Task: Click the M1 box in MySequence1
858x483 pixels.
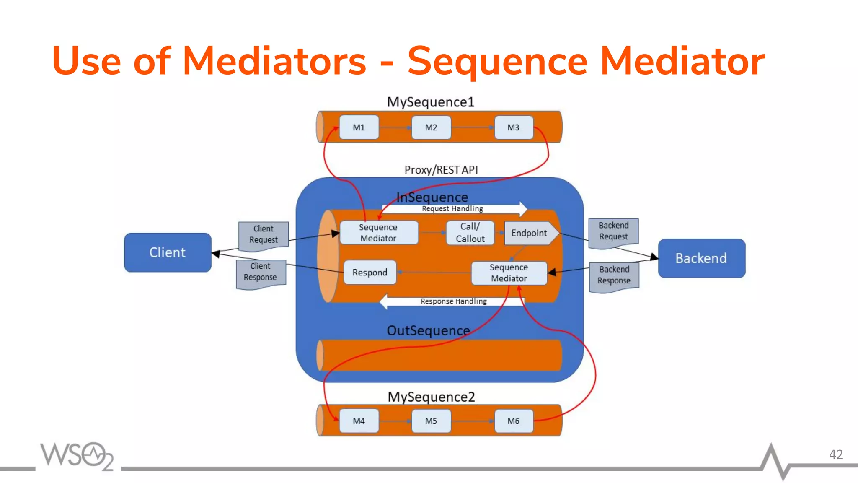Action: tap(359, 127)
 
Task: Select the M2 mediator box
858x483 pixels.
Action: tap(431, 127)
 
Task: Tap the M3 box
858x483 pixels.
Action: tap(514, 127)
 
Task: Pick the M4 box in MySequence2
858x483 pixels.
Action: tap(359, 421)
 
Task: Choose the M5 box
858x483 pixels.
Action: tap(431, 421)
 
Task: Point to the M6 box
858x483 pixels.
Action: tap(514, 421)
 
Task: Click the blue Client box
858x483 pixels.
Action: tap(168, 252)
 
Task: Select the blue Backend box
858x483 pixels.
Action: tap(701, 258)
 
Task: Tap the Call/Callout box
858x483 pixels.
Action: tap(470, 233)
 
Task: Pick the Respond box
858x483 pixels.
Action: tap(370, 273)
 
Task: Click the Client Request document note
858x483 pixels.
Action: tap(264, 235)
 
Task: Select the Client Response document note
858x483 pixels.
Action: tap(261, 273)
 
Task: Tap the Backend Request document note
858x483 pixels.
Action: tap(613, 231)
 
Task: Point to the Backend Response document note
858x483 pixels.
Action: tap(614, 275)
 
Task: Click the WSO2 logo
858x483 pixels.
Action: tap(77, 456)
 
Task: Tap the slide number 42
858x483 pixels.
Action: tap(836, 454)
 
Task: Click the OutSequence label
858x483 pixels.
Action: tap(428, 331)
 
